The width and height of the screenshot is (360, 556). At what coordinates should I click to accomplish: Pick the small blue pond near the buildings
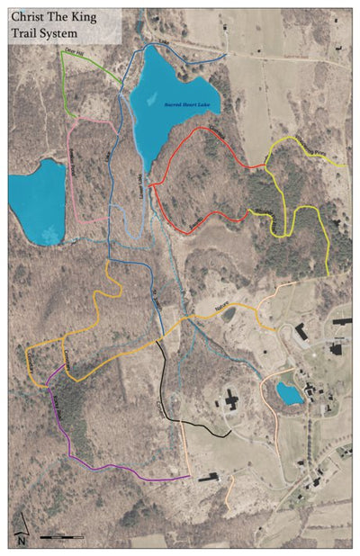[289, 393]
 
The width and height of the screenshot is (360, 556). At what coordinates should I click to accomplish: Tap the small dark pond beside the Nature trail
[229, 314]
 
